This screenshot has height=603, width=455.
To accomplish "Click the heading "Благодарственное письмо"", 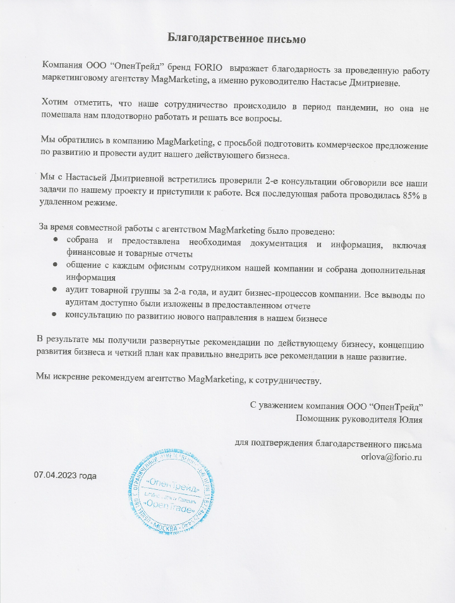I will [x=237, y=39].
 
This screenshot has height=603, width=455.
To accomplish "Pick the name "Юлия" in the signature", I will [x=411, y=418].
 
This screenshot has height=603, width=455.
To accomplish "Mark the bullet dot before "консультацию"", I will [x=56, y=314].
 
